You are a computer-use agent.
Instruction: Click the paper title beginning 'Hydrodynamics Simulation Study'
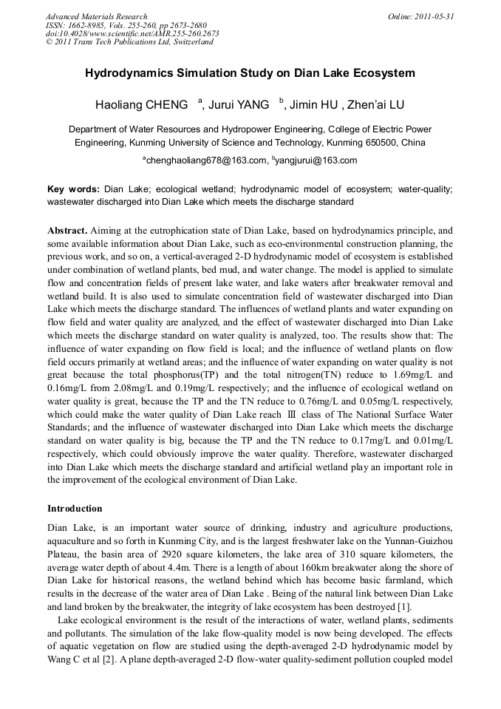(x=250, y=73)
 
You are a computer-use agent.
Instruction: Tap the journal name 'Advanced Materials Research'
(x=96, y=16)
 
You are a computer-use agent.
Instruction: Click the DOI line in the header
(x=132, y=33)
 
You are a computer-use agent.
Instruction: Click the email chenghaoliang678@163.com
(x=205, y=160)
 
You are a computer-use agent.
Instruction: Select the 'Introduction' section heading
(x=75, y=509)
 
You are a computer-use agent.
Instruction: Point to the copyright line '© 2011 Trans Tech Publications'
(x=129, y=42)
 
